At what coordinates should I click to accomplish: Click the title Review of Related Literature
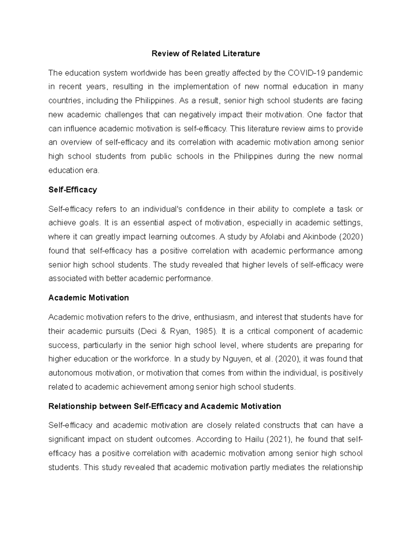pyautogui.click(x=206, y=54)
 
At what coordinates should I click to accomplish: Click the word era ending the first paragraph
pyautogui.click(x=92, y=170)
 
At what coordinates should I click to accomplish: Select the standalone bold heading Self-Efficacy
pyautogui.click(x=73, y=190)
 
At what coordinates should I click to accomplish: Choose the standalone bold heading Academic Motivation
pyautogui.click(x=89, y=298)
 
